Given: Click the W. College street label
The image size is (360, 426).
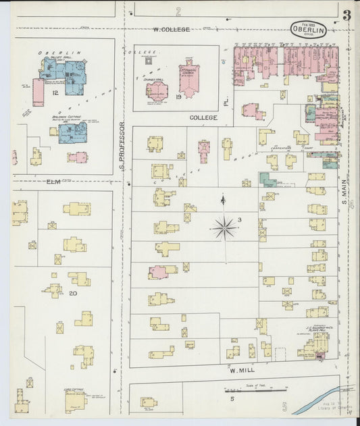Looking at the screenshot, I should point(171,29).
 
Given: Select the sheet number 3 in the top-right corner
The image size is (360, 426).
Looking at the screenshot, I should point(346,16).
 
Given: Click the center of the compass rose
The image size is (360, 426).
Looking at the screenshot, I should point(224,228).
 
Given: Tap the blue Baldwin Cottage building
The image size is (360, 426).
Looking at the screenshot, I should point(72,132).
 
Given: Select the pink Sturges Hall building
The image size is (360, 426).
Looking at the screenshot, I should point(157,91).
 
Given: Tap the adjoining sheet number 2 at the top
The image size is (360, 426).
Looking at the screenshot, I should point(178,11).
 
